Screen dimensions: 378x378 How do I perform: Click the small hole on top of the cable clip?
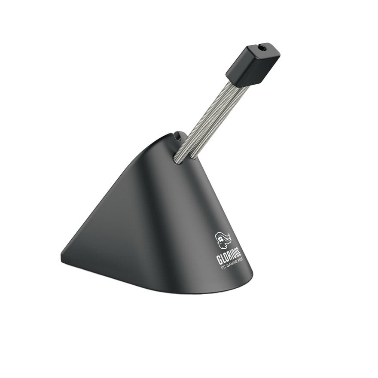click(262, 49)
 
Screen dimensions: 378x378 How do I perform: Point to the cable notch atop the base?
click(178, 136)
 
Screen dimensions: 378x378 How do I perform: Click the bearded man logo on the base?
click(223, 240)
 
